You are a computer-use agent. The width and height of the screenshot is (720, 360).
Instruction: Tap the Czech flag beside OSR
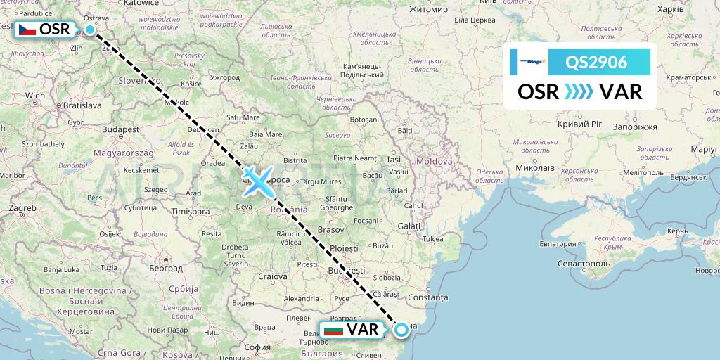click(x=27, y=30)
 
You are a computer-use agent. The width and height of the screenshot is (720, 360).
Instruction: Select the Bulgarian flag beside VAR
click(x=333, y=329)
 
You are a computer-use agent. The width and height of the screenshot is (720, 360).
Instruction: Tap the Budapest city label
click(x=120, y=129)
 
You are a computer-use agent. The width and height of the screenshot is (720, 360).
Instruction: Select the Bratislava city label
click(x=82, y=105)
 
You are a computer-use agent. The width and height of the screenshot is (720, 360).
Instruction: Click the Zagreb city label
click(x=22, y=209)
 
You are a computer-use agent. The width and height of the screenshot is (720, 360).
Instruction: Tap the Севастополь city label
click(x=583, y=262)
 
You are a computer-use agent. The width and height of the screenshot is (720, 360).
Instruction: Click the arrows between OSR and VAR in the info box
click(x=579, y=92)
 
